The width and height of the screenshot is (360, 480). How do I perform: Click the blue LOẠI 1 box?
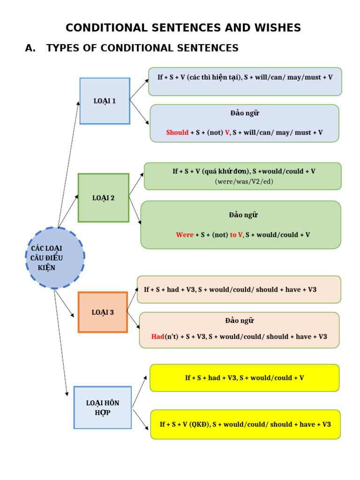105,101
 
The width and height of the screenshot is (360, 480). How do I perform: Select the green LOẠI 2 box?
103,198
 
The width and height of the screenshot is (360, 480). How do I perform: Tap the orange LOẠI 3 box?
103,312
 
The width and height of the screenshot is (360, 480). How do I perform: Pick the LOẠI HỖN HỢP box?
103,408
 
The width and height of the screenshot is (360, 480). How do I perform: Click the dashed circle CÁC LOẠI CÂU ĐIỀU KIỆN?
55,258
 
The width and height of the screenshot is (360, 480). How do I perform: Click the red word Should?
177,133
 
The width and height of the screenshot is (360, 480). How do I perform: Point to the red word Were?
185,235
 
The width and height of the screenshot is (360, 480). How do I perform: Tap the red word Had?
157,337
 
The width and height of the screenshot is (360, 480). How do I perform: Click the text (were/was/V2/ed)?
244,181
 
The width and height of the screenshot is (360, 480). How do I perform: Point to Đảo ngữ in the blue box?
244,113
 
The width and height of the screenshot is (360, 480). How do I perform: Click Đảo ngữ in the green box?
243,215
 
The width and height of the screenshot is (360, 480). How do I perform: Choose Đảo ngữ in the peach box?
239,321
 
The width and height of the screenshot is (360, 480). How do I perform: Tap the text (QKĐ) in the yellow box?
200,424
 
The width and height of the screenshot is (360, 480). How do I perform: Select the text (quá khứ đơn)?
226,172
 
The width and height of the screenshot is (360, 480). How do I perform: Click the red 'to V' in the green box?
236,235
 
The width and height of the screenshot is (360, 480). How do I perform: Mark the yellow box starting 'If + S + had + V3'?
244,378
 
